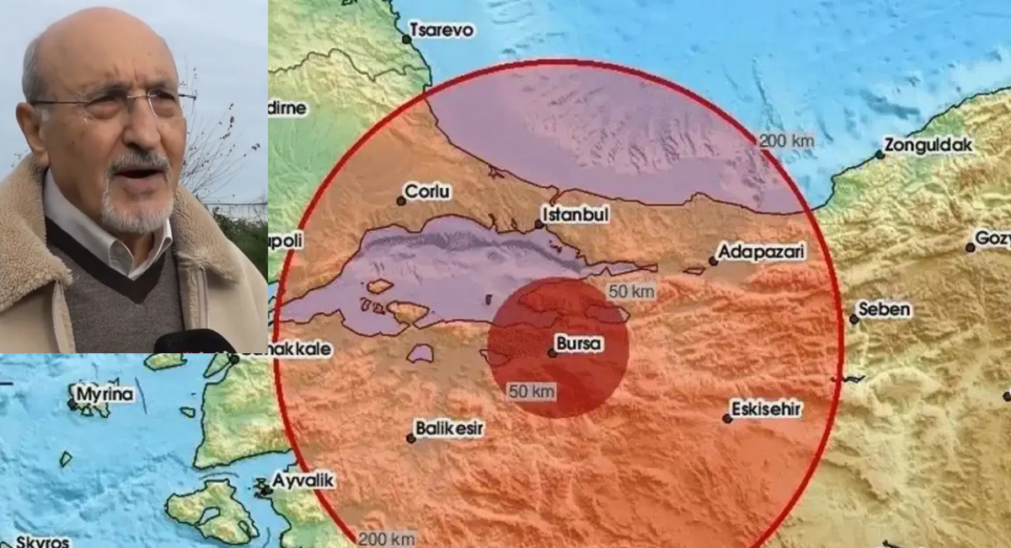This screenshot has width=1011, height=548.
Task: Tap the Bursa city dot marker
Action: click(552, 352)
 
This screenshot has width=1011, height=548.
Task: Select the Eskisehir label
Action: click(766, 410)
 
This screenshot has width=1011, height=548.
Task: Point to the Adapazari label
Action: click(762, 251)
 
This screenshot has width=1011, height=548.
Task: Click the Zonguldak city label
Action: click(928, 145)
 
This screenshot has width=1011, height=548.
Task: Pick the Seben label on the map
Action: click(885, 309)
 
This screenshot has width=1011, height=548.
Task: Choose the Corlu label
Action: click(427, 192)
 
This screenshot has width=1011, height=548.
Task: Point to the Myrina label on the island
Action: click(104, 394)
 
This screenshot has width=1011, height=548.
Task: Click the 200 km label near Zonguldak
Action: click(786, 141)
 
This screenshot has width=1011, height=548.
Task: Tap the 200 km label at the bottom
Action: click(386, 538)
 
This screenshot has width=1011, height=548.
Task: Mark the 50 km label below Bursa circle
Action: click(531, 391)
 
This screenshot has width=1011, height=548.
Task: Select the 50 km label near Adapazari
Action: click(631, 292)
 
